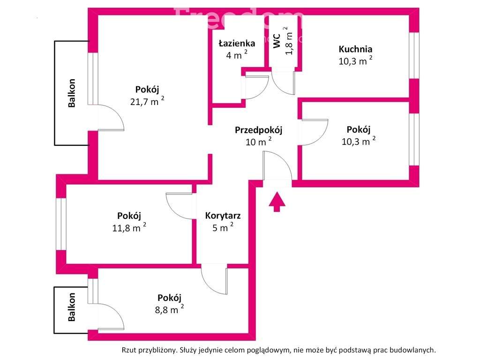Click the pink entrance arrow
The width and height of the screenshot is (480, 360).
point(277,202)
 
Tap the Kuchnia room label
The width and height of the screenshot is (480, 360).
point(355,49)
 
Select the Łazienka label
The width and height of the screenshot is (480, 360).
point(237,44)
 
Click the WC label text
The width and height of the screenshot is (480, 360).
point(277,41)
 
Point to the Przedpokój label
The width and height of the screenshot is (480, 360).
point(258,130)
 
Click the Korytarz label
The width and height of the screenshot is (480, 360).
point(223,216)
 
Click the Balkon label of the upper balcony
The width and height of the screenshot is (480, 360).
point(72,93)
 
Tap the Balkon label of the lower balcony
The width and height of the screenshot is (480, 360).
point(72,307)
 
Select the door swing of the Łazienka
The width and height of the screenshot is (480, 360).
point(255,87)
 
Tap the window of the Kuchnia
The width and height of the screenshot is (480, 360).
point(413,55)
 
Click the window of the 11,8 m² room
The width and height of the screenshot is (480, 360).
point(61,224)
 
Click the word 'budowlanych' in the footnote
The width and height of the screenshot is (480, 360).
point(416,350)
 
